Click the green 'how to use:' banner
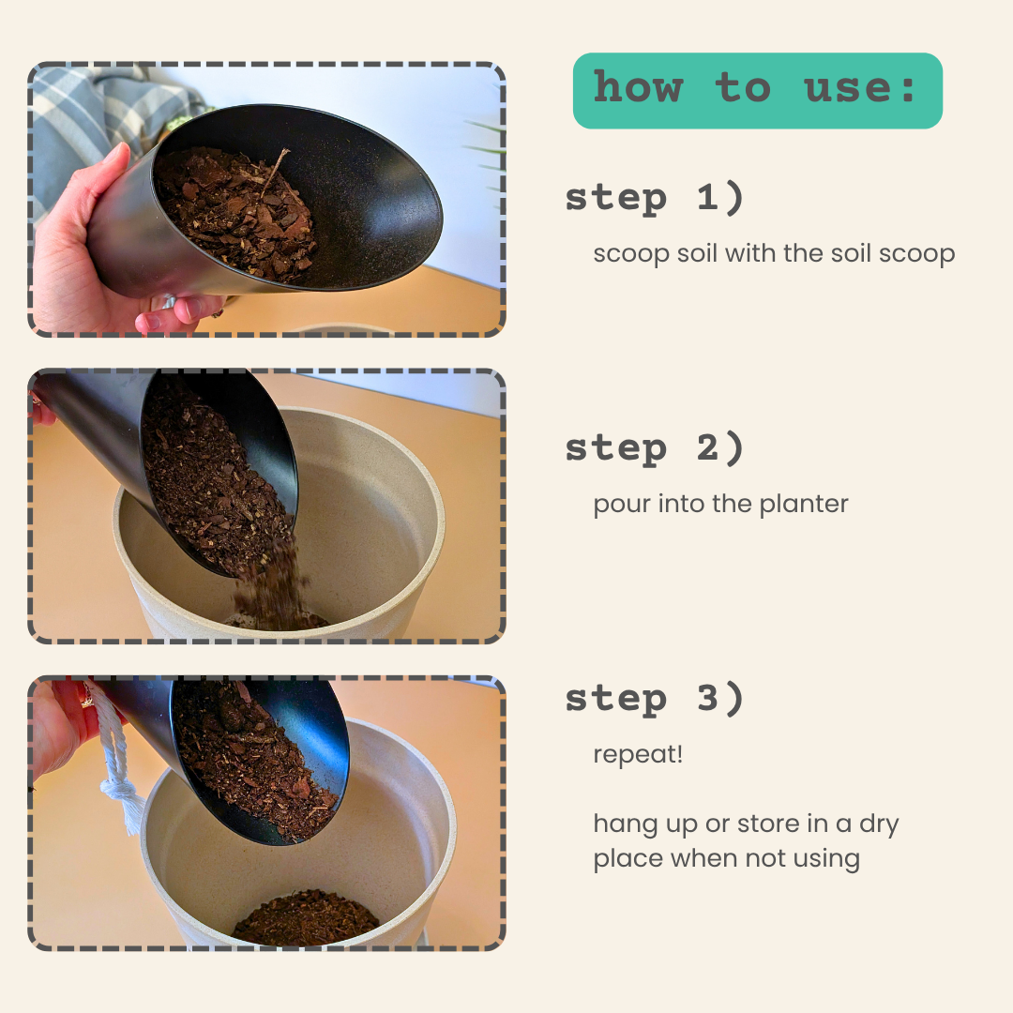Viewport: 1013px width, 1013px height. pos(757,90)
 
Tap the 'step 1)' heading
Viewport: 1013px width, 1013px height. pos(655,198)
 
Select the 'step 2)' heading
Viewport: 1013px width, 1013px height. pos(655,447)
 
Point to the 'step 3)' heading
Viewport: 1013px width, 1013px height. pos(655,699)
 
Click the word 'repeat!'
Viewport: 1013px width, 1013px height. pos(638,754)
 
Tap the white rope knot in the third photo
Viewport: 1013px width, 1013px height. pos(118,790)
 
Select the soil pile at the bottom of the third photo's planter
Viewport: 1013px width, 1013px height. pos(306,916)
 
